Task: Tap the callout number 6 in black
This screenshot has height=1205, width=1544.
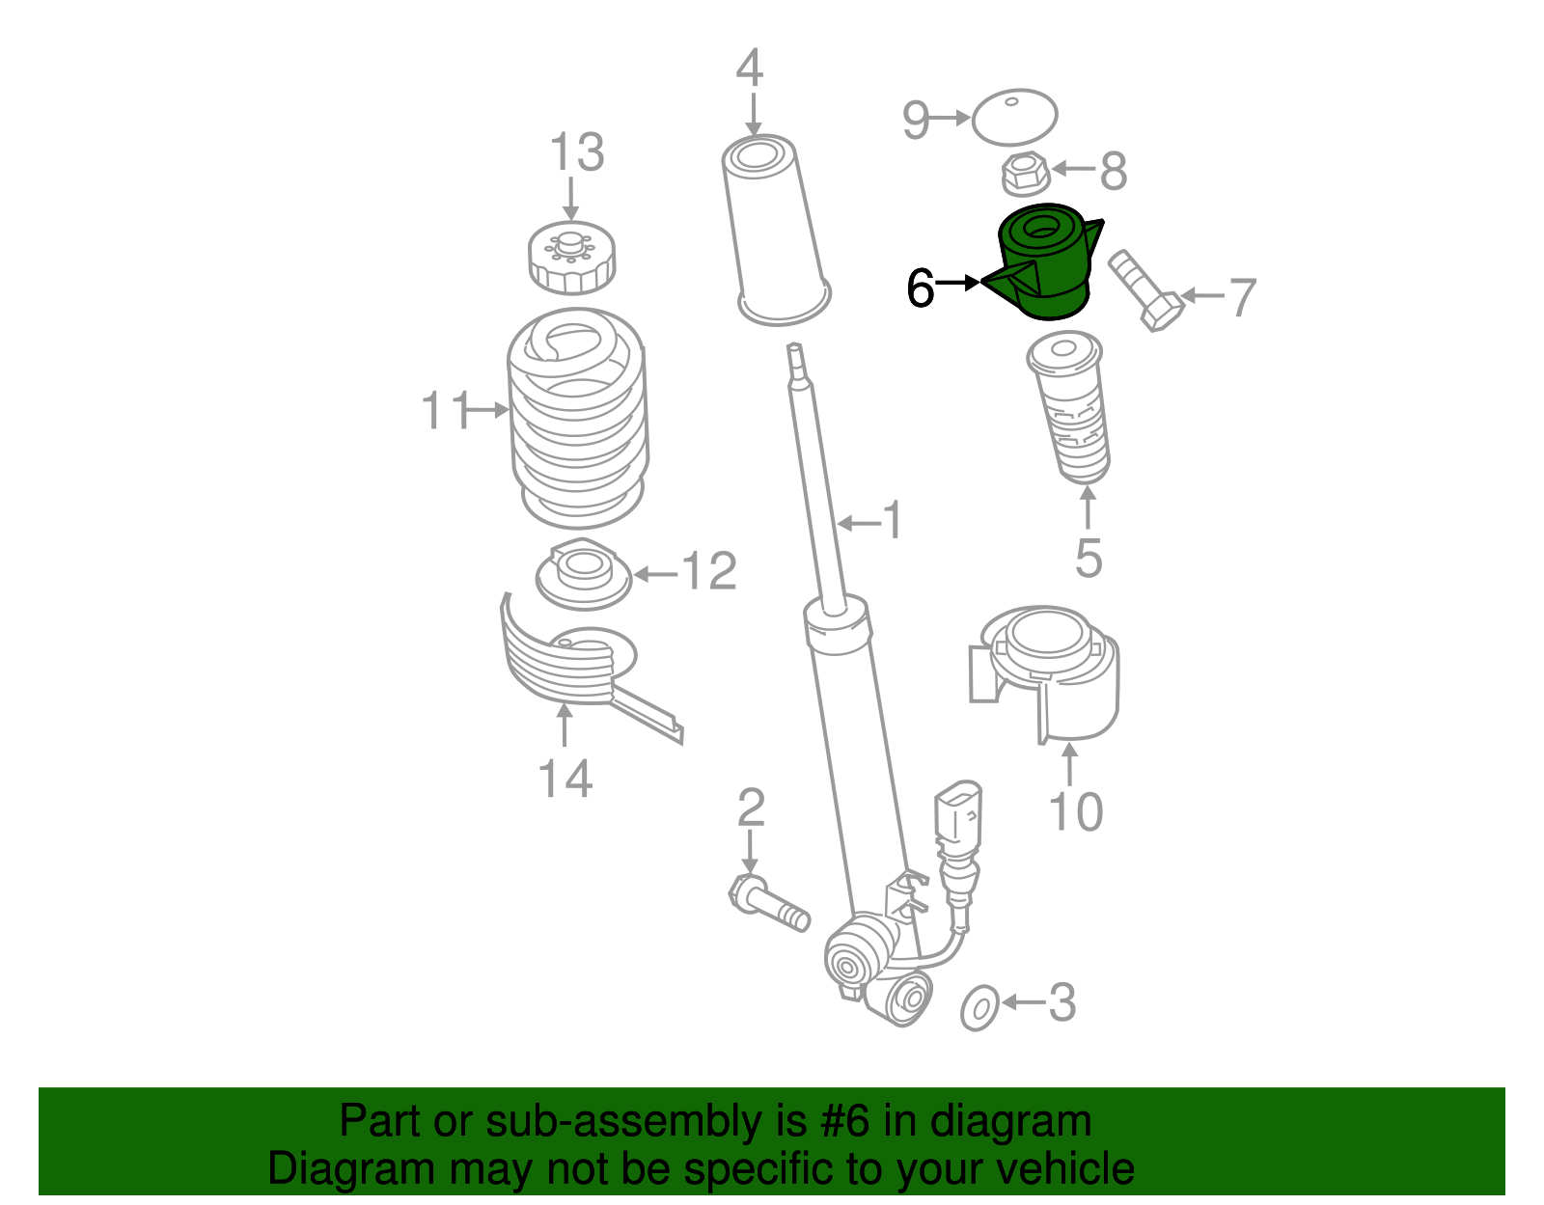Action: point(921,288)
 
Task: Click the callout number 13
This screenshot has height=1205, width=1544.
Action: point(577,153)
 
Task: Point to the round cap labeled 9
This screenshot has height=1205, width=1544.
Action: point(1014,117)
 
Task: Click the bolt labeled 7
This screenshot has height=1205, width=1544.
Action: point(1145,289)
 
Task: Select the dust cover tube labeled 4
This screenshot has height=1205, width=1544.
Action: point(777,232)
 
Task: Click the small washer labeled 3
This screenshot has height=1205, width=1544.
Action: point(979,1008)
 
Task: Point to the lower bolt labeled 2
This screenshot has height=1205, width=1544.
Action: point(768,901)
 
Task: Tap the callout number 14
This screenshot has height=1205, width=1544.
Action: point(565,779)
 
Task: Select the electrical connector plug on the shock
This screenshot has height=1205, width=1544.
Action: point(957,817)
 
